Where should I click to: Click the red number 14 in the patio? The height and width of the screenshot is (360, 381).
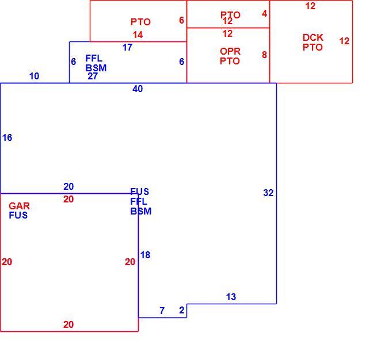point(138,35)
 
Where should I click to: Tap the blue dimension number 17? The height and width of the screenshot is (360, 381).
point(127,47)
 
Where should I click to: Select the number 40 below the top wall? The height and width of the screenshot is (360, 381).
point(138,89)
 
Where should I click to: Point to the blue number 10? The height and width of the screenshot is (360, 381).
point(35,76)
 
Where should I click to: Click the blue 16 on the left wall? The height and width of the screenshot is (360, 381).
point(7,137)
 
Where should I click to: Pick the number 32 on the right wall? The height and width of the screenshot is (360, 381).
point(268,193)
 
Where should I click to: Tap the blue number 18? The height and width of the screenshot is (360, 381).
point(145,255)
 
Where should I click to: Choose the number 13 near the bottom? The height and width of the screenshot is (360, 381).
point(231,297)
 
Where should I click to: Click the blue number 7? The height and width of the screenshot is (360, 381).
point(162,311)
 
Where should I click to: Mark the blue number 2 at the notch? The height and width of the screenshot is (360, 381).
point(182,310)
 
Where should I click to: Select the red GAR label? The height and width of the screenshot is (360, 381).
point(19,206)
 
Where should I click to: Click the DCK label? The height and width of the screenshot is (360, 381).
point(313,37)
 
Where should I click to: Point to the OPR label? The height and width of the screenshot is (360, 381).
point(230,51)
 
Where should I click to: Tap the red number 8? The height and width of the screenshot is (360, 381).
point(264,55)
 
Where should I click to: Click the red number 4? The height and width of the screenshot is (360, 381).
point(265,14)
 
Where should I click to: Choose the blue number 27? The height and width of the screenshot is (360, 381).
point(93,76)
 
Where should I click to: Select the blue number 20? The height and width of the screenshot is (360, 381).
point(68,186)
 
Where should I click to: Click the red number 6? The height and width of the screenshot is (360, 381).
point(181,20)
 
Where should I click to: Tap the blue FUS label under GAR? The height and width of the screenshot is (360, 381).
point(18,215)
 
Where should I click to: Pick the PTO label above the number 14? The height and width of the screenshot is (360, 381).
point(140,22)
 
